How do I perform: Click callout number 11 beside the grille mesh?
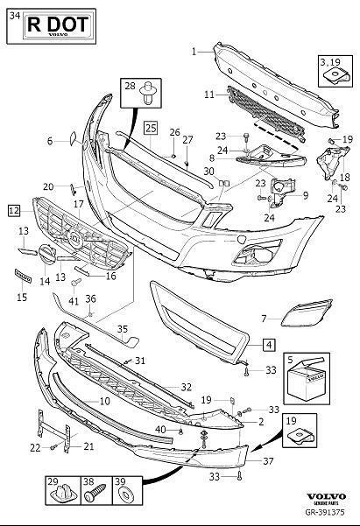pos(209,94)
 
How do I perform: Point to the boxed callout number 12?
pos(13,210)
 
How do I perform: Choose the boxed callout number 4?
pos(267,345)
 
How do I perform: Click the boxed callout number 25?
pos(151,129)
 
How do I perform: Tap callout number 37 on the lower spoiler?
pos(267,460)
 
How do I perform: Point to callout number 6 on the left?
pos(50,139)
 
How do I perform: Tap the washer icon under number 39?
pos(121,497)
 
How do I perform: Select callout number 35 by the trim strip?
pos(124,329)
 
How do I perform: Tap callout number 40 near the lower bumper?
pos(160,429)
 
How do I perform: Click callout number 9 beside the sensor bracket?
pos(306,195)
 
